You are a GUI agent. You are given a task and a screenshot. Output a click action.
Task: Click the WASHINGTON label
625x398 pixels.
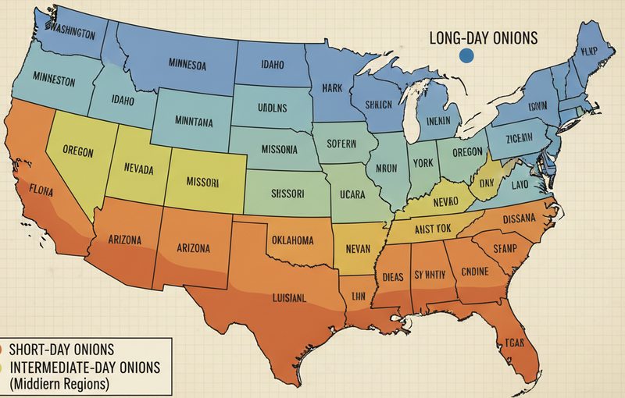71,34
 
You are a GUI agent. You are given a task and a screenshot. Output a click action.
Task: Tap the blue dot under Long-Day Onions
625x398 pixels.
467,55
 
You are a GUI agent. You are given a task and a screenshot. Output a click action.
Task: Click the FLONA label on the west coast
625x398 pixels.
41,188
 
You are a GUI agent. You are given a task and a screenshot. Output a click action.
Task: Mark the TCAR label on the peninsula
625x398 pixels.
514,343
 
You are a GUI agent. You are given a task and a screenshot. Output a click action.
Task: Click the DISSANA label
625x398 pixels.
520,218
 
